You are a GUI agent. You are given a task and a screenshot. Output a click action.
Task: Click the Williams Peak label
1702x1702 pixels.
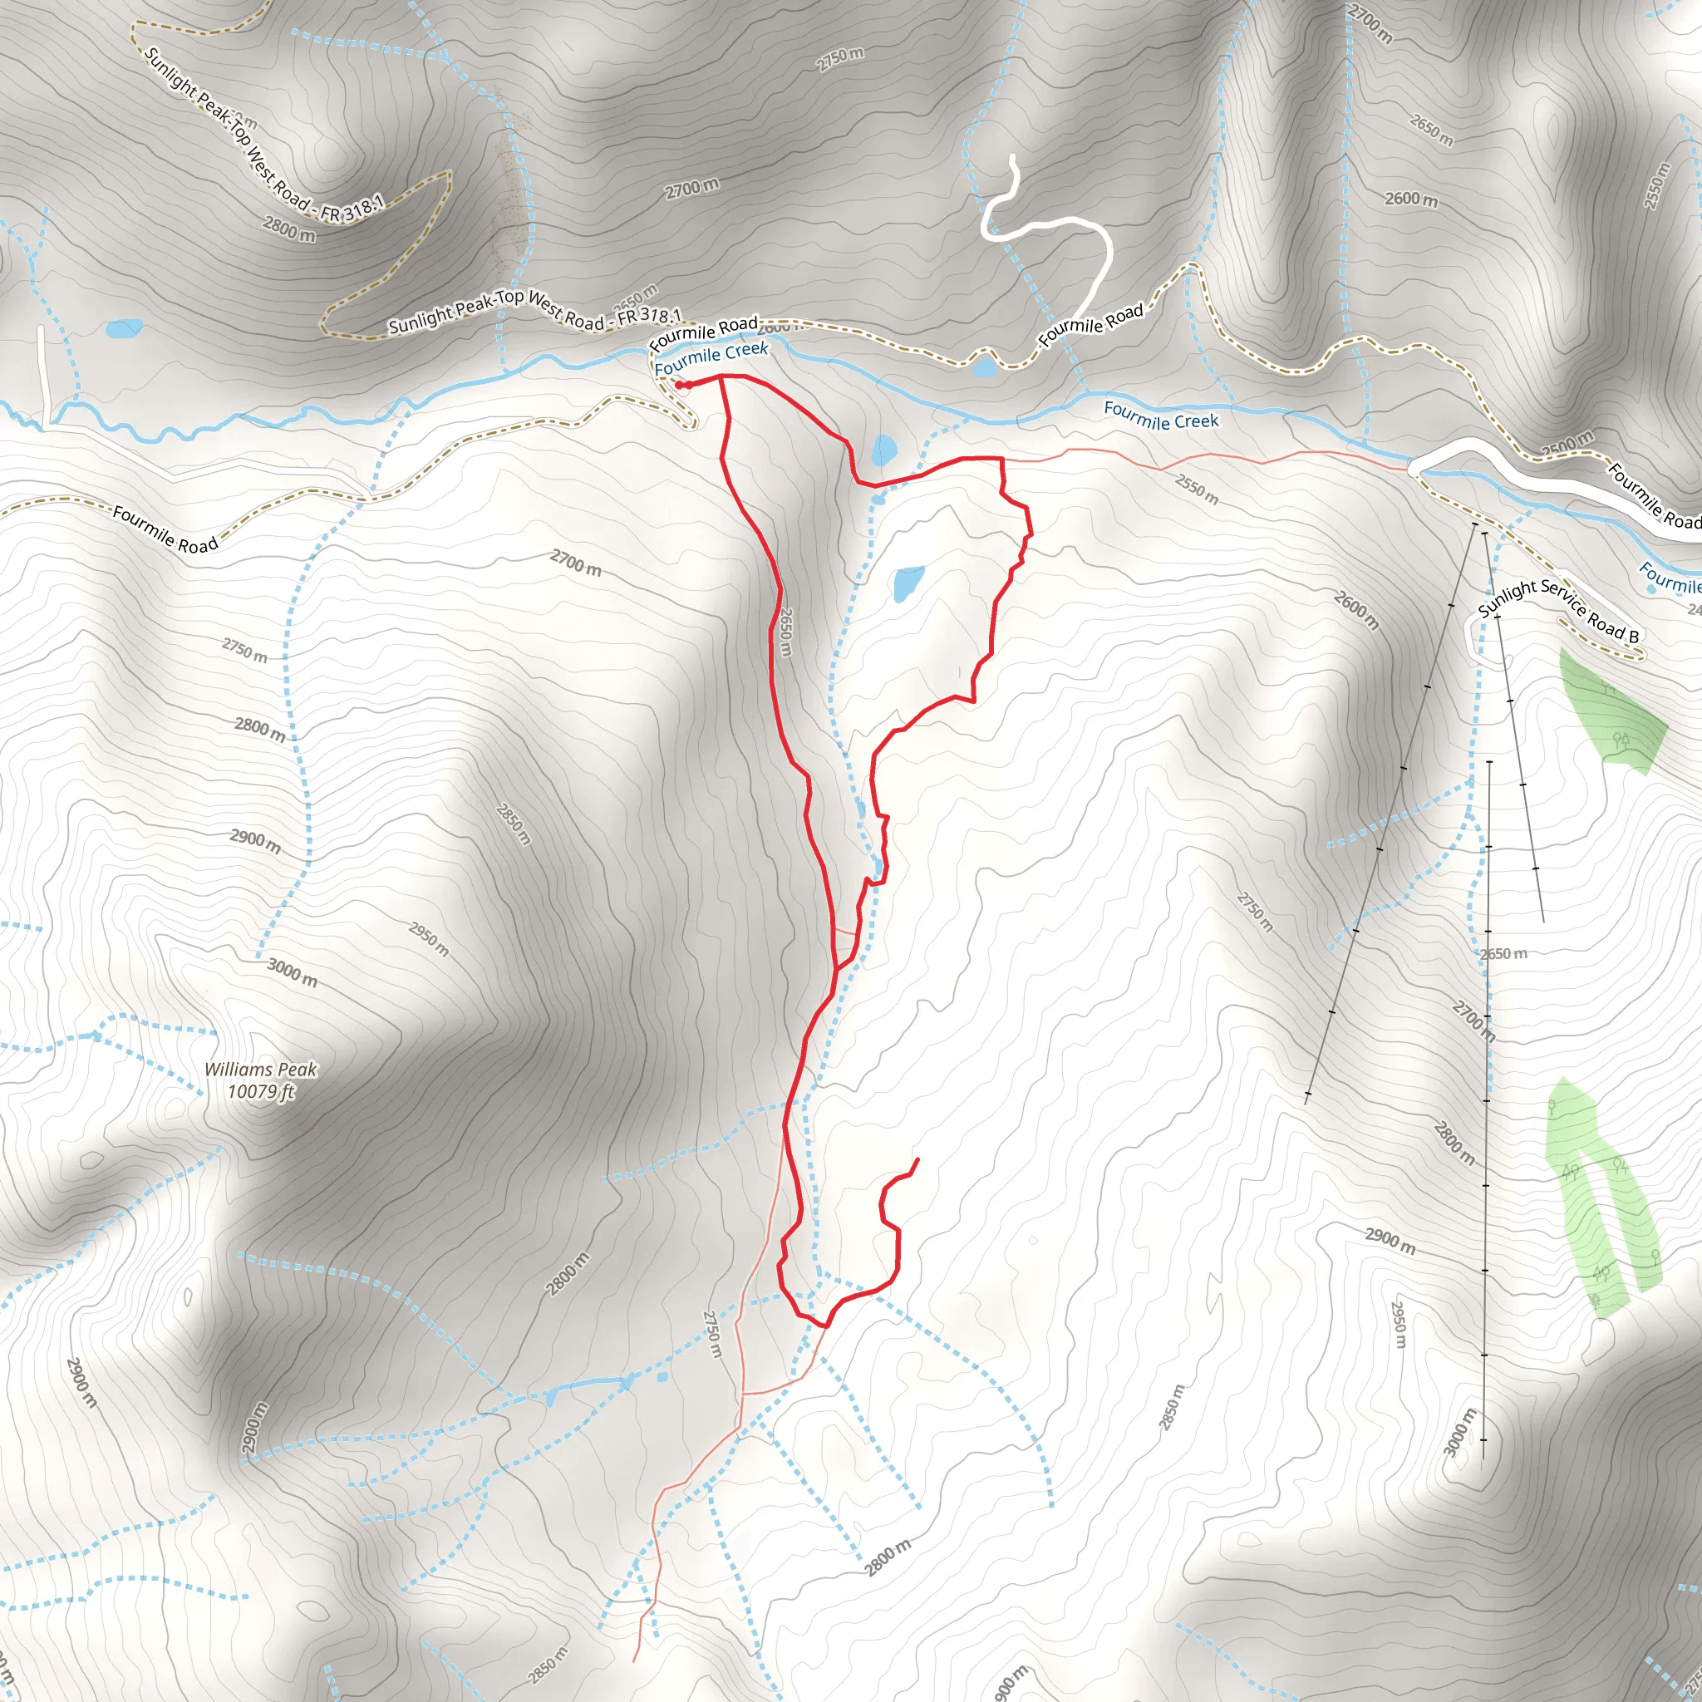261,1070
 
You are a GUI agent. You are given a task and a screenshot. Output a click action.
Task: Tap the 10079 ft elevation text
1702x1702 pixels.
261,1092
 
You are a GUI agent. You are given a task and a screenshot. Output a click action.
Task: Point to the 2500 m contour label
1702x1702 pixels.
1567,442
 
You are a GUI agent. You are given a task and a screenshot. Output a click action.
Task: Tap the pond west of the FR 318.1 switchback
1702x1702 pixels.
124,329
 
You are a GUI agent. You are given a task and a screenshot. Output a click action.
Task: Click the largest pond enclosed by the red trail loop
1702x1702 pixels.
908,583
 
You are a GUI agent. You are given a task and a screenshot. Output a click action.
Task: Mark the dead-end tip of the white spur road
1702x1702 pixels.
1012,158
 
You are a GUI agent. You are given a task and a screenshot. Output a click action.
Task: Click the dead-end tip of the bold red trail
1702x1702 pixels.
918,1159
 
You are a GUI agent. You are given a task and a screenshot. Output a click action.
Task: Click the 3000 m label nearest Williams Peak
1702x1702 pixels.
292,972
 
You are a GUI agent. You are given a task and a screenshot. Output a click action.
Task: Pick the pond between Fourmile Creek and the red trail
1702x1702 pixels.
883,451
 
